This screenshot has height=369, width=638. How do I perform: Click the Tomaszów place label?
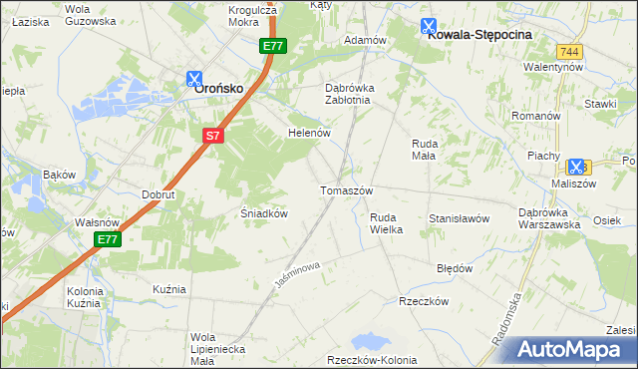pos(346,190)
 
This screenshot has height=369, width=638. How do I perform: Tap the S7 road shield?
pos(212,137)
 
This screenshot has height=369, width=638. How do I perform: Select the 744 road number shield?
pos(569,51)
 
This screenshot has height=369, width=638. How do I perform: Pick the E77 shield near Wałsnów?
pos(109,240)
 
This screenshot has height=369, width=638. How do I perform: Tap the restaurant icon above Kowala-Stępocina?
pos(428,27)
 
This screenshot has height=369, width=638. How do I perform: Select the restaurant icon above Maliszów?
pos(575,168)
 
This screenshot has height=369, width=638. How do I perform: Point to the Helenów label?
pos(307,132)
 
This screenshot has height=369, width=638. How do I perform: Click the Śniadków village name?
pos(265,213)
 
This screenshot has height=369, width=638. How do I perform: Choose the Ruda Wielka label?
pos(386,223)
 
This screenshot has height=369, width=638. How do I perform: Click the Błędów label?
pos(455,268)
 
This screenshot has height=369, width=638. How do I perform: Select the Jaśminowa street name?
pos(296,276)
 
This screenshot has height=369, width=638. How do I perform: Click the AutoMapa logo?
pos(570,349)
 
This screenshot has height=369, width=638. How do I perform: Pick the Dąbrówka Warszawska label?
pos(549,217)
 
